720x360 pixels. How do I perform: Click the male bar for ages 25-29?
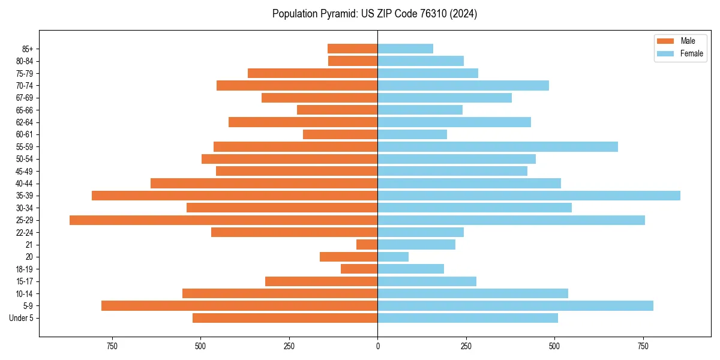click(x=223, y=220)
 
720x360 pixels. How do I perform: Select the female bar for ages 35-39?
click(x=529, y=196)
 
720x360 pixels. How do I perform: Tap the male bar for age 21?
click(x=367, y=245)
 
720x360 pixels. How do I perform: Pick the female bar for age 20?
click(x=393, y=257)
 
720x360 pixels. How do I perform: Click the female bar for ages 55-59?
click(x=497, y=147)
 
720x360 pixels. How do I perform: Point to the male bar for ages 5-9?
click(x=239, y=306)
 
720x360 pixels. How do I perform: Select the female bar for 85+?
click(x=405, y=49)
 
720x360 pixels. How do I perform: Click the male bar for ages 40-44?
click(x=264, y=184)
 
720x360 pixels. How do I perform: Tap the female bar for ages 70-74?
click(x=463, y=86)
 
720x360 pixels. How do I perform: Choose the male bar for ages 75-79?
click(x=313, y=73)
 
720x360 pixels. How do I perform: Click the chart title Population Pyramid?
click(x=374, y=14)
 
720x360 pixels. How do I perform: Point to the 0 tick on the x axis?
click(x=377, y=346)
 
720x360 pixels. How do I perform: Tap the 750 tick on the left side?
click(x=112, y=346)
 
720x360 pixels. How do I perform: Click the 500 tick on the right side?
click(x=554, y=346)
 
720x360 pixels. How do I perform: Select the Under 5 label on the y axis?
click(x=22, y=319)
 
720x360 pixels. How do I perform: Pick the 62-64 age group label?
click(x=25, y=122)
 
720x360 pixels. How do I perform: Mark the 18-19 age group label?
click(x=25, y=269)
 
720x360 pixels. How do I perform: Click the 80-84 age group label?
click(x=25, y=61)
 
